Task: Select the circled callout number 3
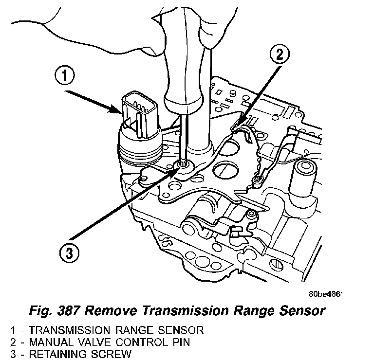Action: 69,252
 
